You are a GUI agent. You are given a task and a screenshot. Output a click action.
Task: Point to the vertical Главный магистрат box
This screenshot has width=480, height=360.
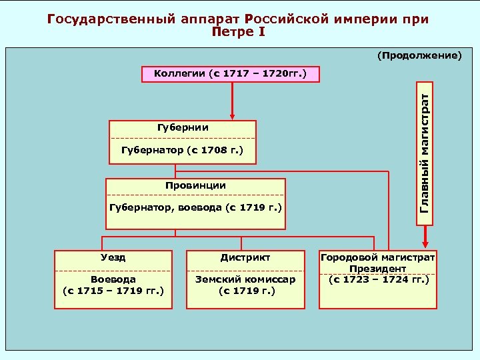click(x=425, y=153)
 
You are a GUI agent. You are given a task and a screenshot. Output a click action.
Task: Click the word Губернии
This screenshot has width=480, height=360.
click(x=183, y=127)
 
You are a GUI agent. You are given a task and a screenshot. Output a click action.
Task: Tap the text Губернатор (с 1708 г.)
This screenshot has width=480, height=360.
click(x=183, y=151)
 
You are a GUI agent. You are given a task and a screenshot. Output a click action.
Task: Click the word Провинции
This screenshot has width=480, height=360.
click(x=195, y=185)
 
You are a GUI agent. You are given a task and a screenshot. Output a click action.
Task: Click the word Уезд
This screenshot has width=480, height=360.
click(x=114, y=257)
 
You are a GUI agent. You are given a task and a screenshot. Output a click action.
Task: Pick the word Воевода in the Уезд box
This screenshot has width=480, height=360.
click(x=113, y=279)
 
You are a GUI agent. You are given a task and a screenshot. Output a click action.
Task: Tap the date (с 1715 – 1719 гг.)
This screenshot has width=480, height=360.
click(x=113, y=291)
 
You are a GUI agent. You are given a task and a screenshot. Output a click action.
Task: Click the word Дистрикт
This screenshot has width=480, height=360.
click(x=245, y=257)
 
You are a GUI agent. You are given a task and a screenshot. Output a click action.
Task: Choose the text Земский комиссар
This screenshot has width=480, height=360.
click(x=245, y=279)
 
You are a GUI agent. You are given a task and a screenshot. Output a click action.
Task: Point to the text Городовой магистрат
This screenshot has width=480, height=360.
click(x=377, y=257)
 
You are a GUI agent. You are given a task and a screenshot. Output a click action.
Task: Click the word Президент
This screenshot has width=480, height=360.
click(x=377, y=268)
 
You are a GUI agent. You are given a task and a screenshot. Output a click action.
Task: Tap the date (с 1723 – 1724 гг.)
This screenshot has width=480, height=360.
click(x=377, y=279)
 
